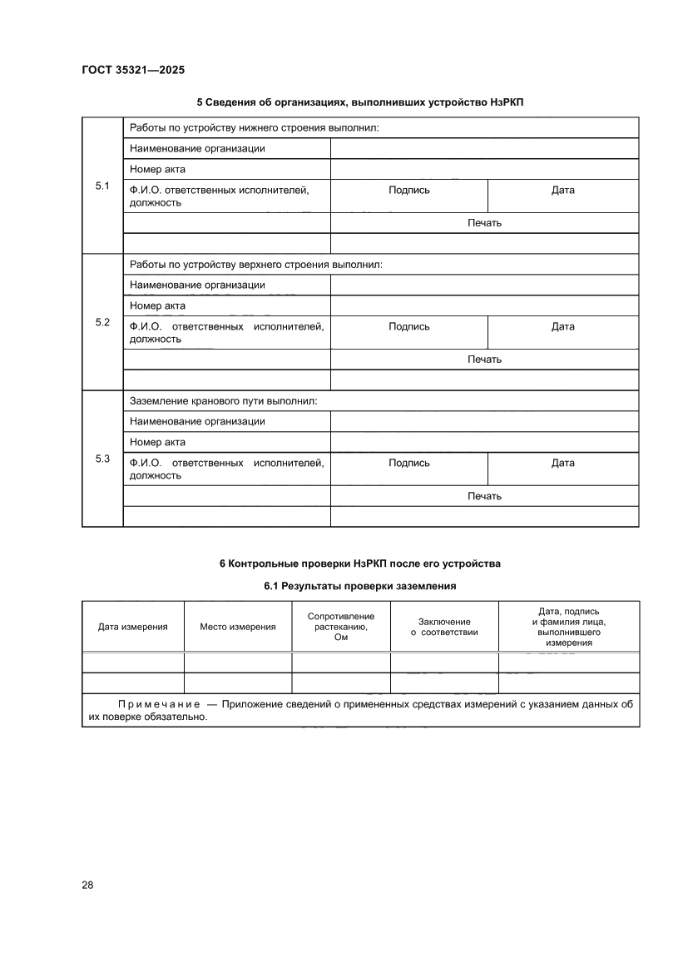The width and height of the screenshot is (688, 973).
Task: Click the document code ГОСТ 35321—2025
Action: (x=132, y=71)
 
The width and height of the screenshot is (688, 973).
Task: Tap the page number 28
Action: (x=87, y=885)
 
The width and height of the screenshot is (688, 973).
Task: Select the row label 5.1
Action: (x=102, y=186)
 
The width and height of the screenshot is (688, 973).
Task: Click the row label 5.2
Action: (x=102, y=322)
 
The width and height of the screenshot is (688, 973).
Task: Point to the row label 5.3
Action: (x=102, y=459)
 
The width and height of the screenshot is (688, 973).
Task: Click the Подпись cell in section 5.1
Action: (x=408, y=191)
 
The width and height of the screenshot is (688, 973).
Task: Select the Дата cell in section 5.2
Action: (x=562, y=327)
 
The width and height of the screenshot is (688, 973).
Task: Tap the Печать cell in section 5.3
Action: (x=484, y=496)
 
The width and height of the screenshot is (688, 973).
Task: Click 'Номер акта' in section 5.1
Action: (x=157, y=170)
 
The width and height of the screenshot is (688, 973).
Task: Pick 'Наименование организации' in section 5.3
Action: (x=197, y=421)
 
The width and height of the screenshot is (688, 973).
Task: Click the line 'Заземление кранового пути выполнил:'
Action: (x=223, y=401)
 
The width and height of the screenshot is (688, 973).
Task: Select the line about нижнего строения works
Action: (x=254, y=128)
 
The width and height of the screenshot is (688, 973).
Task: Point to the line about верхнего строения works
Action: (x=255, y=265)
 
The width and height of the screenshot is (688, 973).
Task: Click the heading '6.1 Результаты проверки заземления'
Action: (x=360, y=587)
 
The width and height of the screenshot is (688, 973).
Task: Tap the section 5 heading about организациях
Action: (x=360, y=102)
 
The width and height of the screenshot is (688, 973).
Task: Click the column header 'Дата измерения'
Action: (x=133, y=627)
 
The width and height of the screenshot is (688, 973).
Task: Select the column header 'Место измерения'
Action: (x=238, y=627)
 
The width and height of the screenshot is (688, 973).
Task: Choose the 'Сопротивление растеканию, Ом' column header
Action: (x=341, y=627)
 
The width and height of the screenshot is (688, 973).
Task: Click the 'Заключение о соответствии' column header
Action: (x=444, y=627)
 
